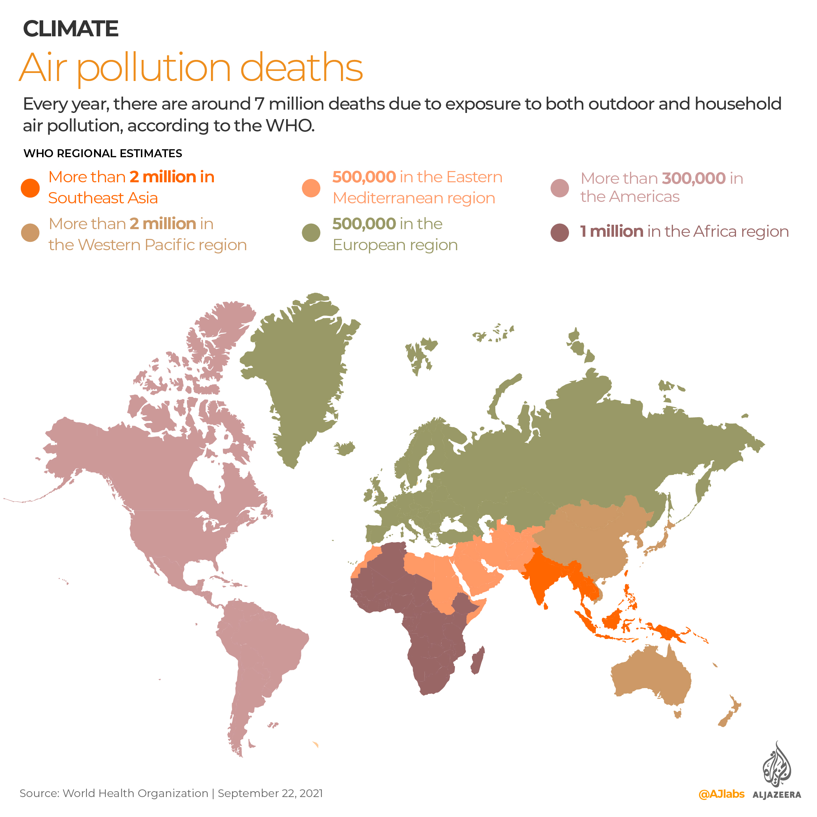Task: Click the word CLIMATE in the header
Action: [70, 29]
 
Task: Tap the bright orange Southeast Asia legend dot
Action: [31, 188]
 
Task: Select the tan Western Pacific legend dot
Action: [31, 233]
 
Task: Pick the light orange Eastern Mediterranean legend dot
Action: [311, 188]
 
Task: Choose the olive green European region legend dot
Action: [311, 233]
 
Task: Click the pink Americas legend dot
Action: [560, 188]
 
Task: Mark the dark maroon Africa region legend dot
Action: [560, 233]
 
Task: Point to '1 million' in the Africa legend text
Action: [611, 232]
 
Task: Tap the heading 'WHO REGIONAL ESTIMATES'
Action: [103, 154]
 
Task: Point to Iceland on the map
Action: [345, 448]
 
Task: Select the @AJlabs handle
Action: [722, 794]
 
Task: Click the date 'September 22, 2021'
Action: [270, 793]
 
